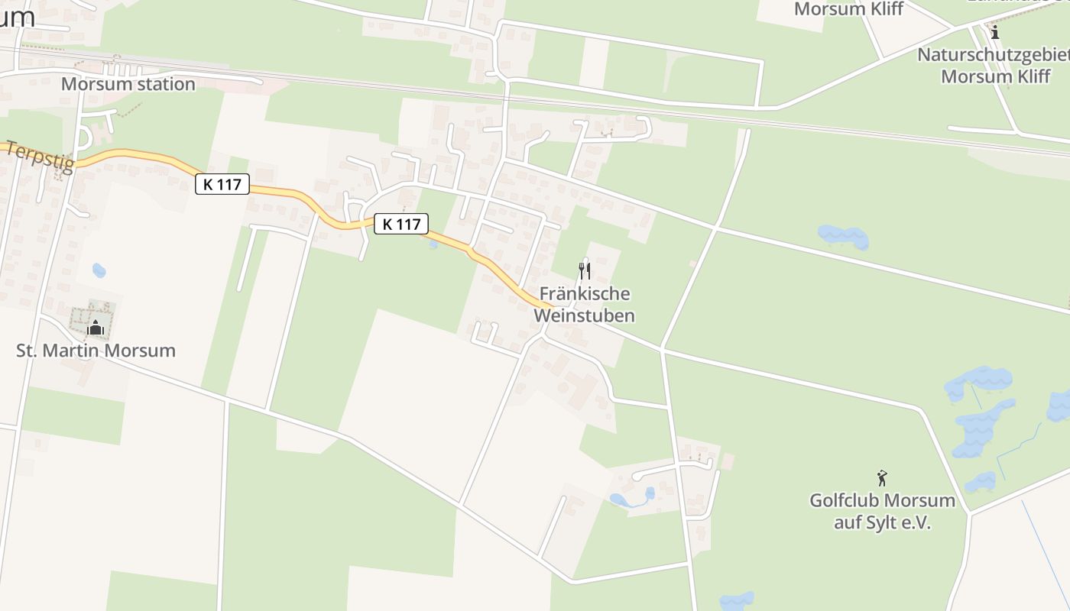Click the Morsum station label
pyautogui.click(x=128, y=84)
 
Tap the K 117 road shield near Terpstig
pyautogui.click(x=222, y=184)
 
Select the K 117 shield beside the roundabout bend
pyautogui.click(x=401, y=224)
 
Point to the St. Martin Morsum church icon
pyautogui.click(x=96, y=328)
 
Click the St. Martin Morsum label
pyautogui.click(x=96, y=351)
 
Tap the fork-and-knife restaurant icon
pyautogui.click(x=585, y=270)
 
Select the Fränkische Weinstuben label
pyautogui.click(x=585, y=304)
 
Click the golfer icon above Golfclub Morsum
pyautogui.click(x=883, y=478)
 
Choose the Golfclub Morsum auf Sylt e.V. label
pyautogui.click(x=883, y=512)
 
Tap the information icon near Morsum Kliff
pyautogui.click(x=995, y=32)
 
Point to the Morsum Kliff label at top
pyautogui.click(x=848, y=9)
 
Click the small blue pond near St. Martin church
pyautogui.click(x=99, y=270)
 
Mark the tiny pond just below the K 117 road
pyautogui.click(x=433, y=244)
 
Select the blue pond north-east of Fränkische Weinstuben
pyautogui.click(x=843, y=237)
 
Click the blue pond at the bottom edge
pyautogui.click(x=736, y=601)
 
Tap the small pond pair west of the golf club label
pyautogui.click(x=631, y=499)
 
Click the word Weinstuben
pyautogui.click(x=585, y=315)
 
